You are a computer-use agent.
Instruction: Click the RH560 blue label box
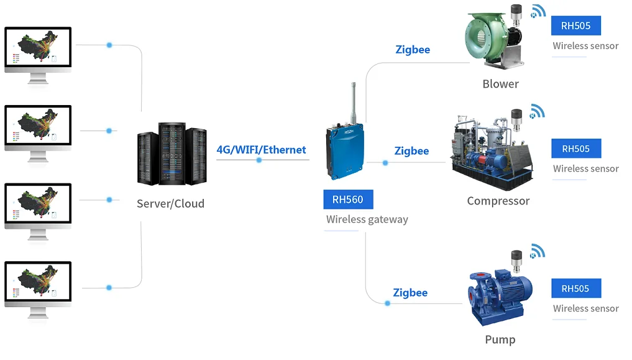(x=348, y=200)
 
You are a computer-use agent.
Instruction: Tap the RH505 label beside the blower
(x=576, y=25)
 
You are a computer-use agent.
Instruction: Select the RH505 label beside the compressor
(x=576, y=149)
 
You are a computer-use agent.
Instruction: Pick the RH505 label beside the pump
(x=576, y=288)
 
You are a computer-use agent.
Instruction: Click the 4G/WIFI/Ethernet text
(x=261, y=150)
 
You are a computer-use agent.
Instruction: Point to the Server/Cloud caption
(x=170, y=203)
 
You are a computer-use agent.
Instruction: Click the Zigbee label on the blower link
(x=413, y=50)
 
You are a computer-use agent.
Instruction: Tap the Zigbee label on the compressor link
(x=411, y=150)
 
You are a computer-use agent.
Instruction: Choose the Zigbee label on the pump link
(x=410, y=293)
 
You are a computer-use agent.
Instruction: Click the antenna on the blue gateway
(x=354, y=103)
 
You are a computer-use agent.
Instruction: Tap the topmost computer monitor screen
(x=38, y=47)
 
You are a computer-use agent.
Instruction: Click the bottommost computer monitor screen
(x=38, y=282)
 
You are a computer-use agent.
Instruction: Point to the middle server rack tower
(x=172, y=154)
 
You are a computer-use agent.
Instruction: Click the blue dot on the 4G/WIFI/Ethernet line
(x=259, y=160)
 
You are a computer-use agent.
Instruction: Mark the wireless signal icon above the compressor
(x=538, y=111)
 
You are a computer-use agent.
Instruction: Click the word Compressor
(x=498, y=201)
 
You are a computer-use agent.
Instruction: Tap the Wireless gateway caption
(x=367, y=219)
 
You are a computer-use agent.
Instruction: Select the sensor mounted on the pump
(x=516, y=261)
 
